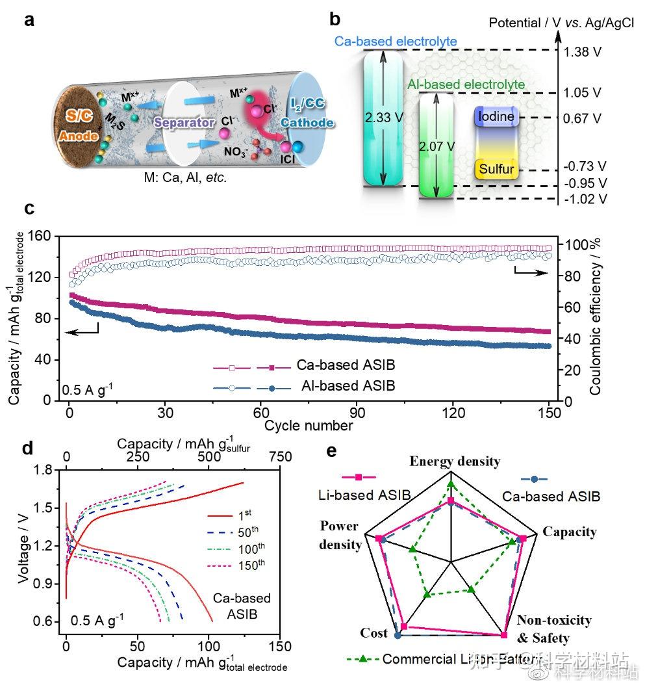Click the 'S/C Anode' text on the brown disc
[x=77, y=127]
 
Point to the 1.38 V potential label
[x=583, y=52]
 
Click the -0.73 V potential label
[x=583, y=166]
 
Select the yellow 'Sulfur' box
[x=497, y=170]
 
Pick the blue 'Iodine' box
[x=497, y=117]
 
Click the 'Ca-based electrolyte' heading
[x=396, y=42]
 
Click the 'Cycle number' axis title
[x=309, y=426]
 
